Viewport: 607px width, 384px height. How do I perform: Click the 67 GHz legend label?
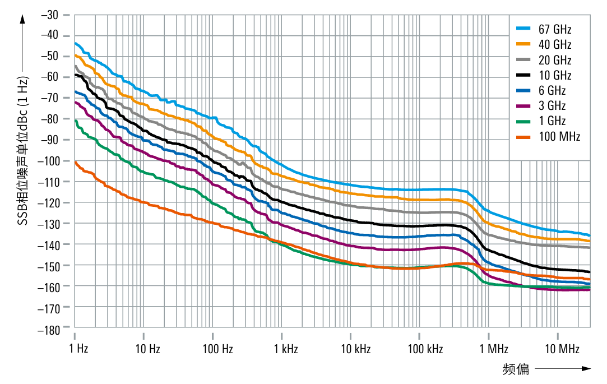(x=555, y=29)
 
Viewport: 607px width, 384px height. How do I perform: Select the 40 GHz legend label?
(x=555, y=44)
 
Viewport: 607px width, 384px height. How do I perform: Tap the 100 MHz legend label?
(x=559, y=136)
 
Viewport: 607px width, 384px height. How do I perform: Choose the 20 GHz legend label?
(x=555, y=60)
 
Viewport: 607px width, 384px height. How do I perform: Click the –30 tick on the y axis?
(x=50, y=14)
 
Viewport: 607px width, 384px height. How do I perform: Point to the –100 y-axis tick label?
(x=48, y=161)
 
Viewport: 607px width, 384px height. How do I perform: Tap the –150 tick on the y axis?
(x=48, y=265)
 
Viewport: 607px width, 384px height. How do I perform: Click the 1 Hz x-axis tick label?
(x=78, y=349)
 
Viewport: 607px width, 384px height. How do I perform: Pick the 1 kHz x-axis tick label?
(x=286, y=349)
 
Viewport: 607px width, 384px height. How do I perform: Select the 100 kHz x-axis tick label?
(x=425, y=349)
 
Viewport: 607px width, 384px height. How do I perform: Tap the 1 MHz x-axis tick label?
(x=494, y=349)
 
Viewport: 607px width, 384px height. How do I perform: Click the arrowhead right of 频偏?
(x=586, y=369)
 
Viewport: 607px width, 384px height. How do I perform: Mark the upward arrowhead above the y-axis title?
(x=22, y=18)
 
